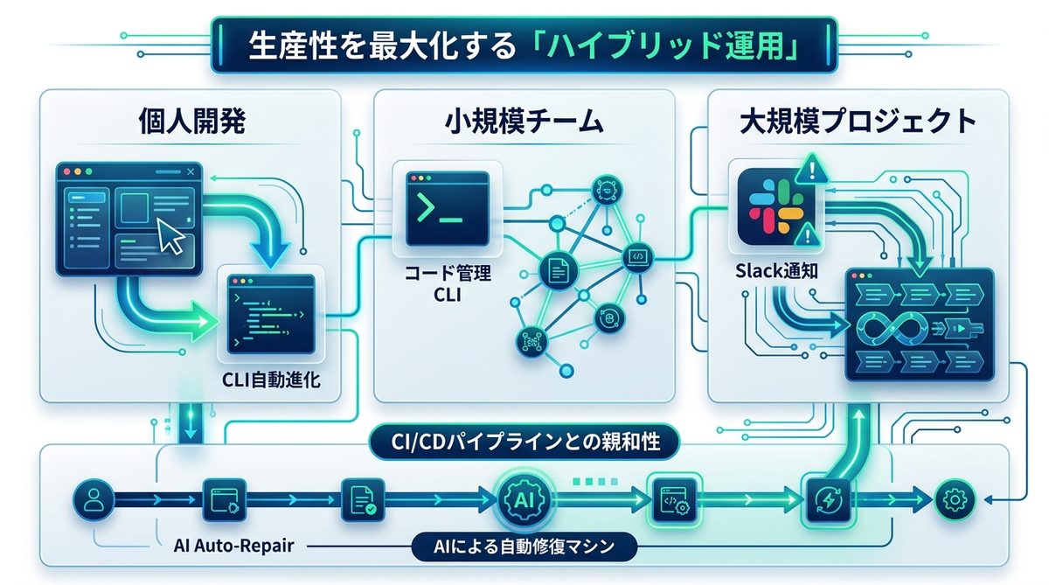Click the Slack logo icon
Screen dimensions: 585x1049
[769, 207]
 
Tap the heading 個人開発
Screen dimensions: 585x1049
[191, 121]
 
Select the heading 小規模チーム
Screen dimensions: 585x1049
[522, 121]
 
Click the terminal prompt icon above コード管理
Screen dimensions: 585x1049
[446, 208]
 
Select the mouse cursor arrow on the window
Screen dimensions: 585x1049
[170, 235]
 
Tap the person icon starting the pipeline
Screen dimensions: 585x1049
[91, 500]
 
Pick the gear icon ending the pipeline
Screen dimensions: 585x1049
[954, 500]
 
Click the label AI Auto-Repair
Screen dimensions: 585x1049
[233, 547]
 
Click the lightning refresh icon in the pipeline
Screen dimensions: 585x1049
[826, 500]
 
